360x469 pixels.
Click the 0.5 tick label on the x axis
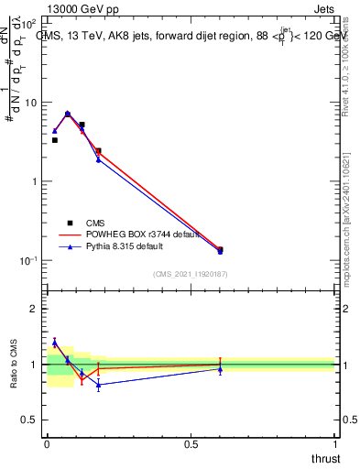[191, 443]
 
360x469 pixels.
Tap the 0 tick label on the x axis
[47, 443]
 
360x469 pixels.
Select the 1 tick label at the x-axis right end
[334, 443]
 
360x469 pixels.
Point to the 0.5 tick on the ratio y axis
[34, 420]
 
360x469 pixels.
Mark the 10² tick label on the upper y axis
[33, 22]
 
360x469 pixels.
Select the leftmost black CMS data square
[54, 140]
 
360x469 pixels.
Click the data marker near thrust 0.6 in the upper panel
[220, 249]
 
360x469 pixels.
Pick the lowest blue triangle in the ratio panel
[98, 385]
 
